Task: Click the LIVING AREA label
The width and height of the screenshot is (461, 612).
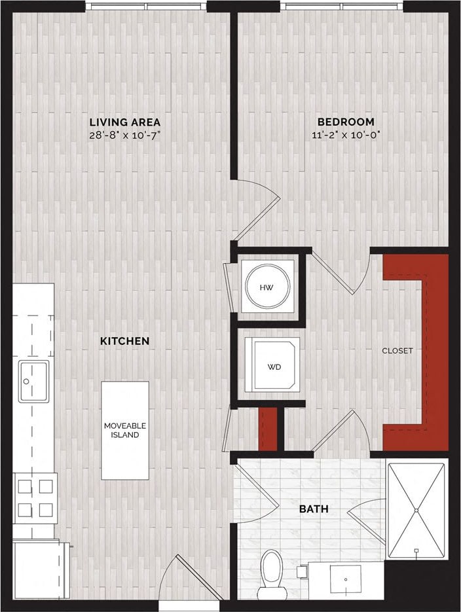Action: click(125, 122)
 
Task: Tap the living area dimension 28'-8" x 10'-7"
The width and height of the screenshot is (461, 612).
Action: click(125, 135)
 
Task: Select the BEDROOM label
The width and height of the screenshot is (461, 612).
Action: click(346, 122)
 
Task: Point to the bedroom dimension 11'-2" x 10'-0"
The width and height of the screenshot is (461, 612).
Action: click(346, 135)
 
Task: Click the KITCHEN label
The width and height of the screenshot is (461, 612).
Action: click(125, 341)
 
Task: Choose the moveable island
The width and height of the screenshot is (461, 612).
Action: click(125, 430)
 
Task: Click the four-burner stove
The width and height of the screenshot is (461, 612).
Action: click(35, 499)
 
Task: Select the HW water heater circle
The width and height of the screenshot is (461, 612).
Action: click(267, 287)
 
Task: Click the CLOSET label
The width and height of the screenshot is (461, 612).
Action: click(397, 350)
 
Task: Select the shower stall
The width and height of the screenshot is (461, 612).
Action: click(416, 511)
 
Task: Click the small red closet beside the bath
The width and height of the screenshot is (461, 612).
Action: click(268, 429)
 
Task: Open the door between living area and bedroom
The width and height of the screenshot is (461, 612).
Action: click(255, 206)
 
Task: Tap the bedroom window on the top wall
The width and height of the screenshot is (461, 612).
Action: click(343, 7)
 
